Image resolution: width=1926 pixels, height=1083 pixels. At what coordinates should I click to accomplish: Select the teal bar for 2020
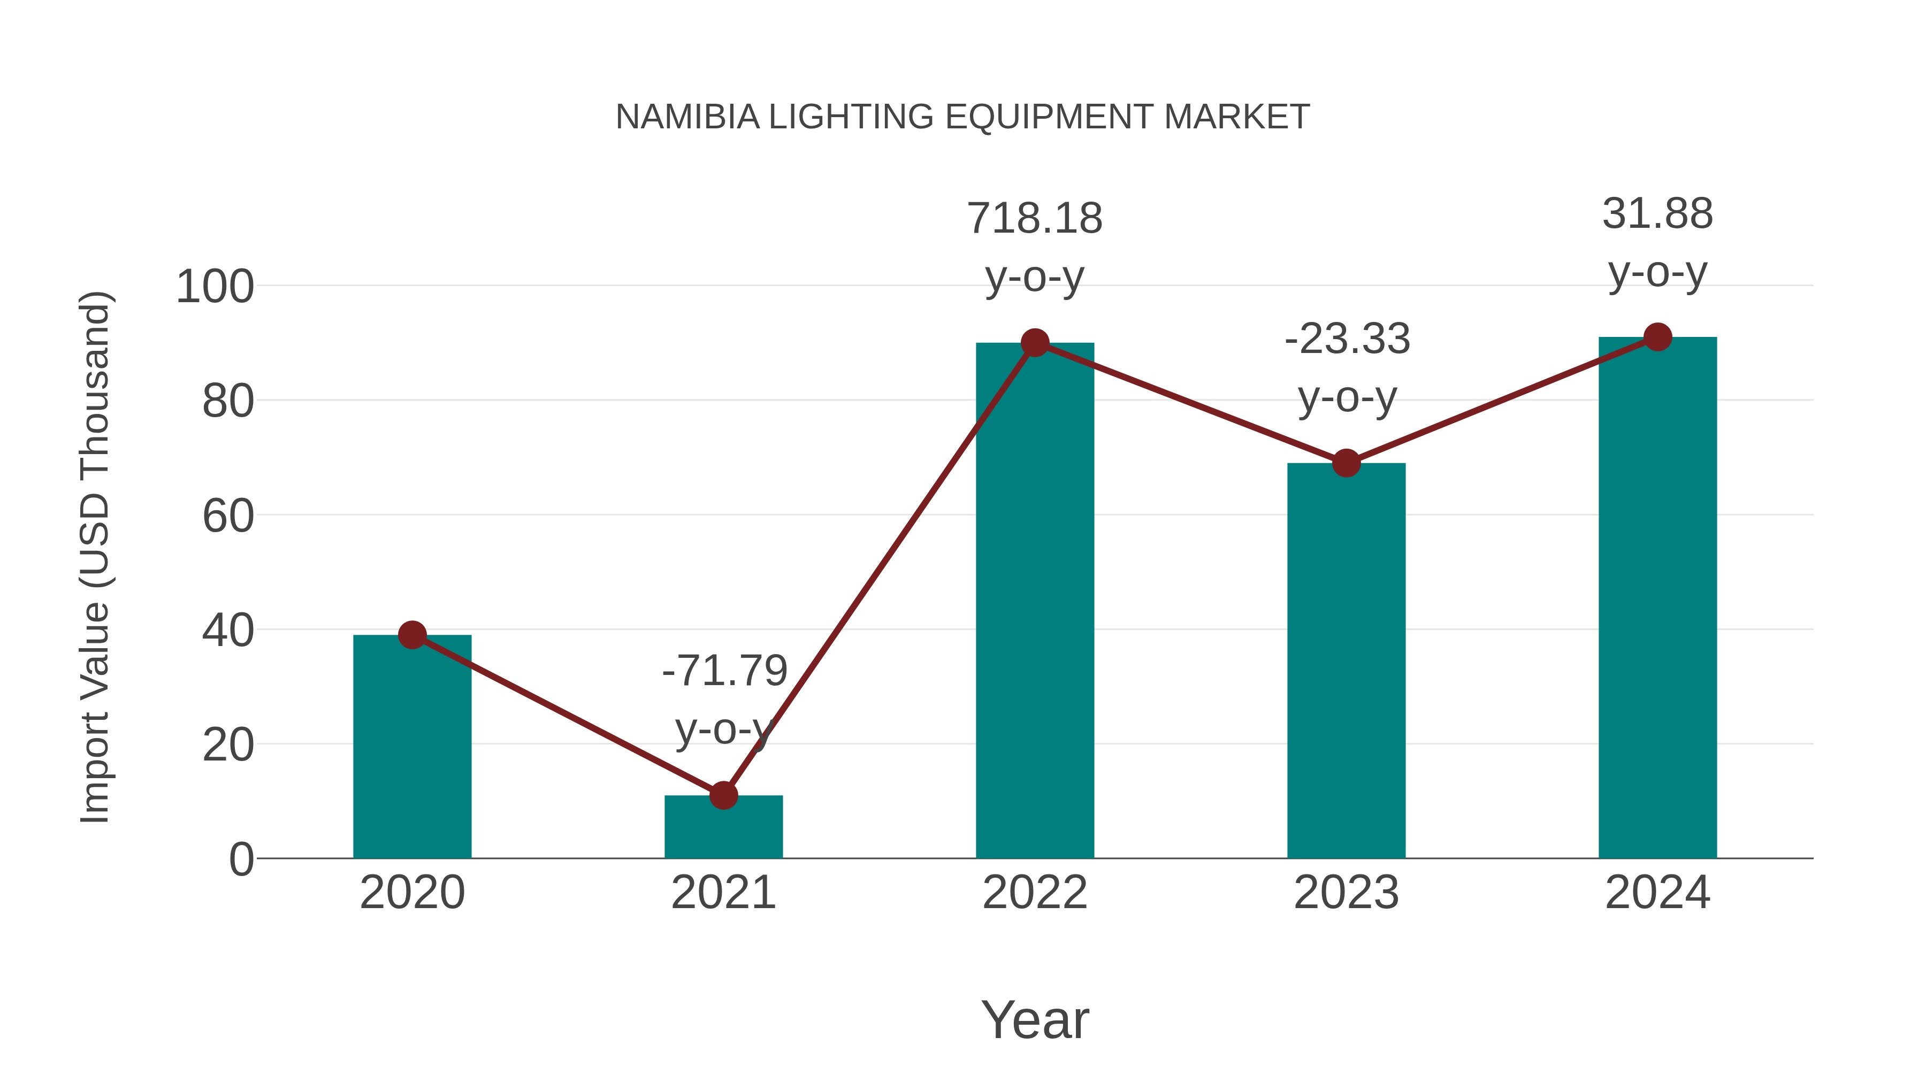pyautogui.click(x=412, y=748)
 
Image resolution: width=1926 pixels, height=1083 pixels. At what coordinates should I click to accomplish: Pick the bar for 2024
pyautogui.click(x=1657, y=598)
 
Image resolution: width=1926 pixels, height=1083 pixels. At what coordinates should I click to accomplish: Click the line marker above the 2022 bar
pyautogui.click(x=1035, y=343)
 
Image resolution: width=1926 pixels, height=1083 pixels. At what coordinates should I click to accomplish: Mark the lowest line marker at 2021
pyautogui.click(x=723, y=796)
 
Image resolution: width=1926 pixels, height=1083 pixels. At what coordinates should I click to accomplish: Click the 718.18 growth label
pyautogui.click(x=1035, y=219)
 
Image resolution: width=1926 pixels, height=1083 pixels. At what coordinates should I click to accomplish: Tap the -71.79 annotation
pyautogui.click(x=724, y=671)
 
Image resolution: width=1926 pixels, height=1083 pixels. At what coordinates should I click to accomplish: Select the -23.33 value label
pyautogui.click(x=1347, y=339)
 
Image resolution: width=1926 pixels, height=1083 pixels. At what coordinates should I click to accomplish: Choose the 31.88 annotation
pyautogui.click(x=1657, y=214)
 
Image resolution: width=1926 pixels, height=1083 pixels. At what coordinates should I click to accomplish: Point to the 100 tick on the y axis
pyautogui.click(x=215, y=287)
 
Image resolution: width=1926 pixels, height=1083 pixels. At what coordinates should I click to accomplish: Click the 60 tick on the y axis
pyautogui.click(x=228, y=517)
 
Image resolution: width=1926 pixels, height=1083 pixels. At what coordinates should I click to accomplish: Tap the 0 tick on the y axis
pyautogui.click(x=241, y=859)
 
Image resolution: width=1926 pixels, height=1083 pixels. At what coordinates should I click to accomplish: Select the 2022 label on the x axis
pyautogui.click(x=1035, y=893)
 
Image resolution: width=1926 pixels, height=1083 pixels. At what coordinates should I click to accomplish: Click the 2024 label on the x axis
pyautogui.click(x=1657, y=893)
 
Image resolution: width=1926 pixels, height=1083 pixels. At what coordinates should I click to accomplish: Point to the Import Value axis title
pyautogui.click(x=96, y=557)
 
